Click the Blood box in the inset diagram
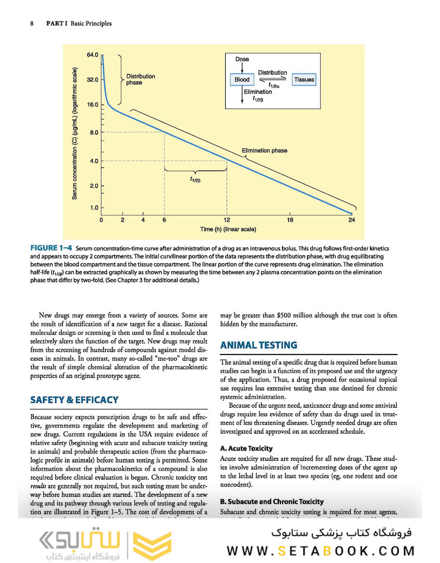tap(242, 80)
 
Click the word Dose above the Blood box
tap(242, 59)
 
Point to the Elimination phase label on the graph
tap(264, 151)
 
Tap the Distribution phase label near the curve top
tap(140, 79)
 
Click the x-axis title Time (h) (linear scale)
tap(228, 229)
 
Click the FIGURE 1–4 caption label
tap(51, 248)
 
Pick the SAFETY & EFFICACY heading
tap(75, 400)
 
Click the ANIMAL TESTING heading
tap(259, 345)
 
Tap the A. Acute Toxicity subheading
tap(246, 448)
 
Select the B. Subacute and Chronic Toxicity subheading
tap(272, 501)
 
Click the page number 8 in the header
tap(32, 23)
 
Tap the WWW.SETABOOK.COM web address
tap(321, 550)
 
